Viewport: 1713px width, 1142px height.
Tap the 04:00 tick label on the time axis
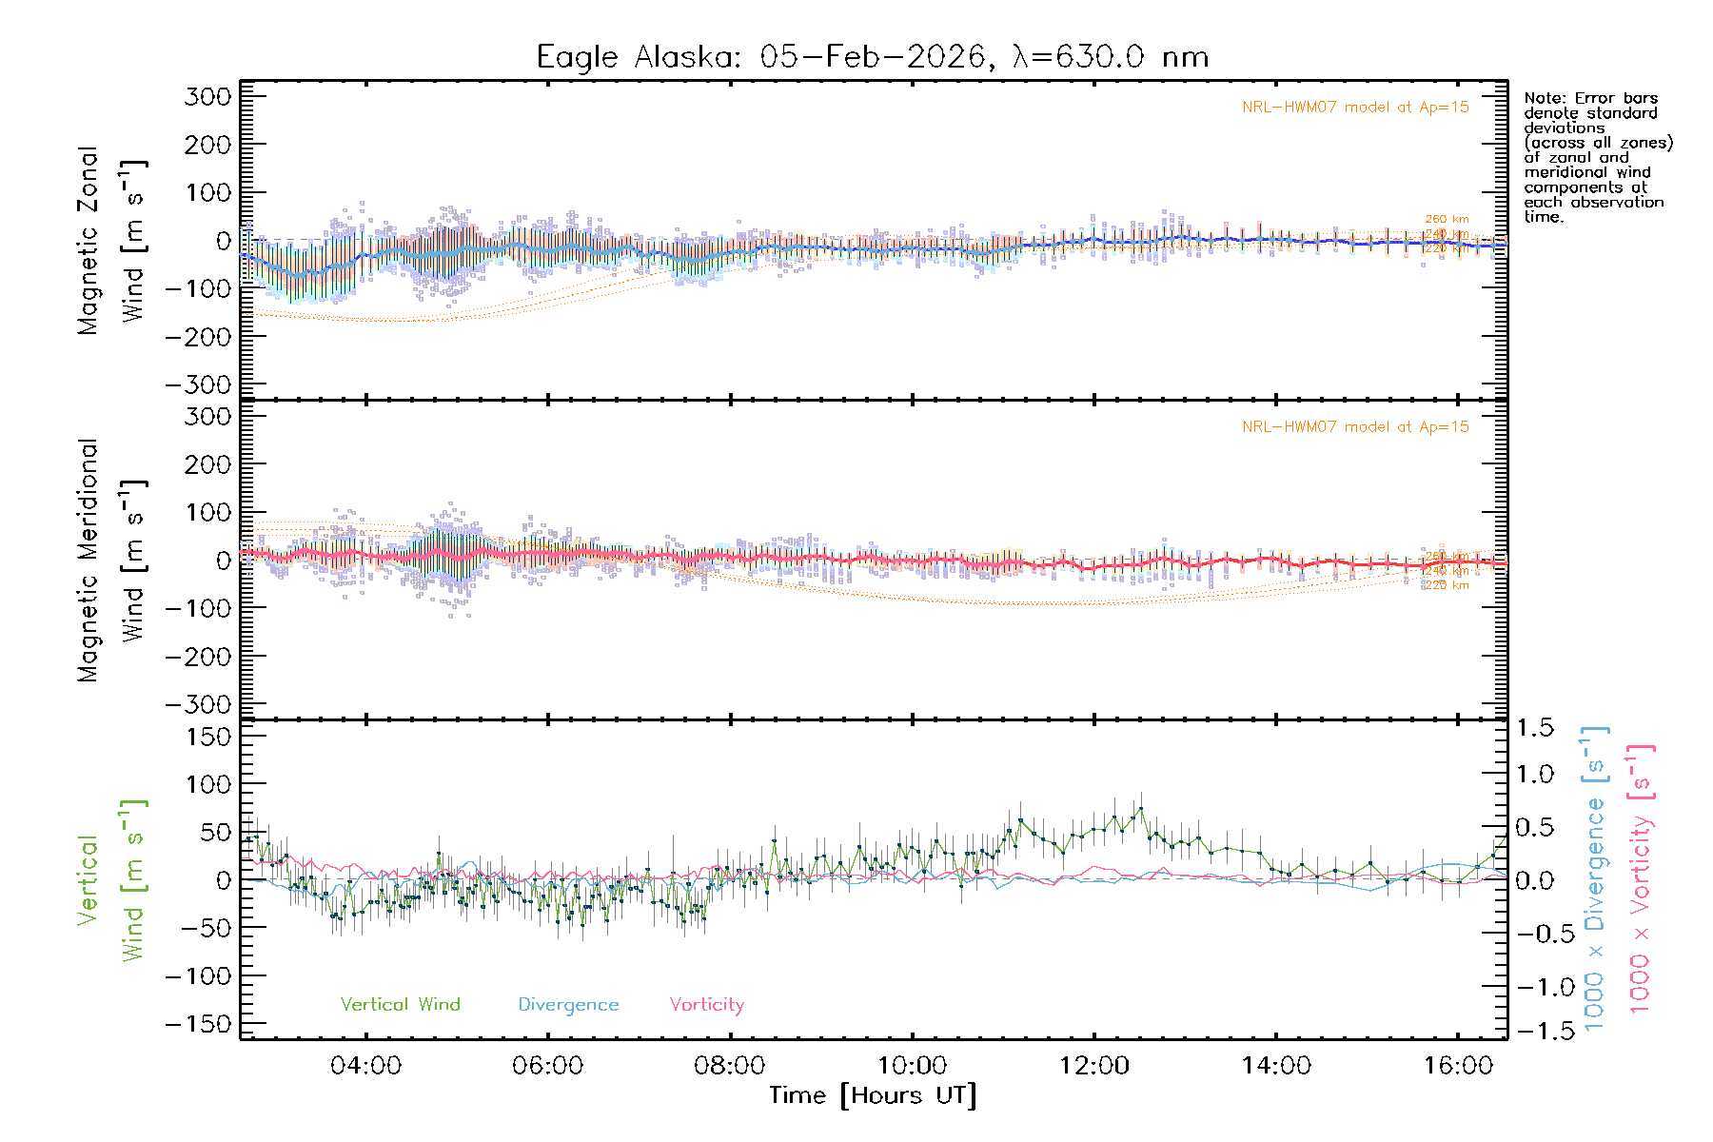(x=365, y=1066)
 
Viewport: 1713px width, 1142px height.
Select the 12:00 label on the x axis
(x=1093, y=1066)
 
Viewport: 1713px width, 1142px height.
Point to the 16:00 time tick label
(x=1458, y=1066)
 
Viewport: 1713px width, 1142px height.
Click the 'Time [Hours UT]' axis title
(x=872, y=1096)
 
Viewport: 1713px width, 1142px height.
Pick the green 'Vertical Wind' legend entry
(x=400, y=1005)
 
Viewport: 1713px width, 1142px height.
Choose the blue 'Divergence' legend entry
(x=568, y=1005)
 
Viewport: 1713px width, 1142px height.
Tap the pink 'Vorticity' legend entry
(x=706, y=1005)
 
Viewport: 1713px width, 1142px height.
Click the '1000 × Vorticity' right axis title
(x=1641, y=880)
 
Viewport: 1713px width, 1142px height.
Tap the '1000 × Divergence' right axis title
(x=1595, y=880)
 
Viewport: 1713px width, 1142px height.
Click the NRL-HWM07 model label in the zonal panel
(x=1355, y=108)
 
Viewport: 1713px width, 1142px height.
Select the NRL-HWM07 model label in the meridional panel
(x=1355, y=427)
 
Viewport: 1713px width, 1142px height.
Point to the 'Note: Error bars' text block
(x=1597, y=157)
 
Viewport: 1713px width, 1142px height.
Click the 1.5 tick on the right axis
(x=1535, y=728)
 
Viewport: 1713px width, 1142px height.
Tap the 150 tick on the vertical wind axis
(x=208, y=737)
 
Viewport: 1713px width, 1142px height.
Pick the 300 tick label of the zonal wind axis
(x=208, y=96)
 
